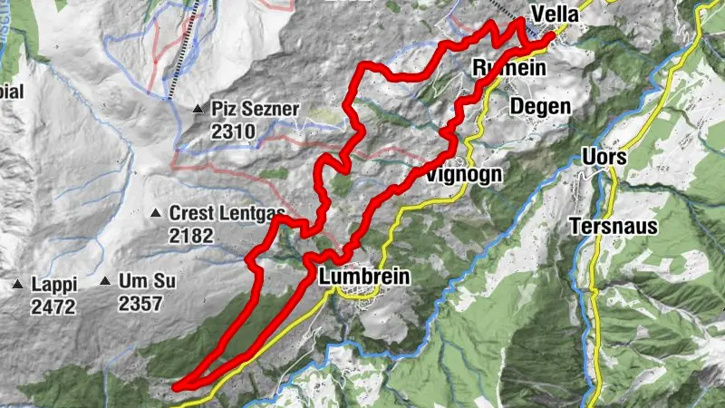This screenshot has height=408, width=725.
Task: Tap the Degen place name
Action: pyautogui.click(x=540, y=106)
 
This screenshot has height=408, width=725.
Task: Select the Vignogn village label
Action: pyautogui.click(x=463, y=173)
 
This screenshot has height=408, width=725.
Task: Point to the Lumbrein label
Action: pyautogui.click(x=364, y=277)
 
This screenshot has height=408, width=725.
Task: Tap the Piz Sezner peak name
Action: pyautogui.click(x=255, y=109)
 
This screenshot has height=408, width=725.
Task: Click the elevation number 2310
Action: pyautogui.click(x=234, y=132)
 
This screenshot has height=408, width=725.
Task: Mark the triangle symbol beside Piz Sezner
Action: pyautogui.click(x=198, y=110)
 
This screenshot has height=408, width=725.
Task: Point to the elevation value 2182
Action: pyautogui.click(x=190, y=236)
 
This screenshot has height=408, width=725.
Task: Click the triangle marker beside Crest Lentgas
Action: pyautogui.click(x=155, y=214)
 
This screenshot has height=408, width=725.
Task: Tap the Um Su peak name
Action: pyautogui.click(x=147, y=282)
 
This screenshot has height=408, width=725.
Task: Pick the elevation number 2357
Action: pyautogui.click(x=140, y=305)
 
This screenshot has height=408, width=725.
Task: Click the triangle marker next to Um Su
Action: pyautogui.click(x=106, y=282)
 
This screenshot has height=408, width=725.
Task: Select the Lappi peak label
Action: pyautogui.click(x=53, y=284)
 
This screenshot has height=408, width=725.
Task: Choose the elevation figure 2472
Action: pyautogui.click(x=53, y=306)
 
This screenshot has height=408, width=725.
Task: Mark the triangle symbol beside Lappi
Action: pyautogui.click(x=17, y=285)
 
